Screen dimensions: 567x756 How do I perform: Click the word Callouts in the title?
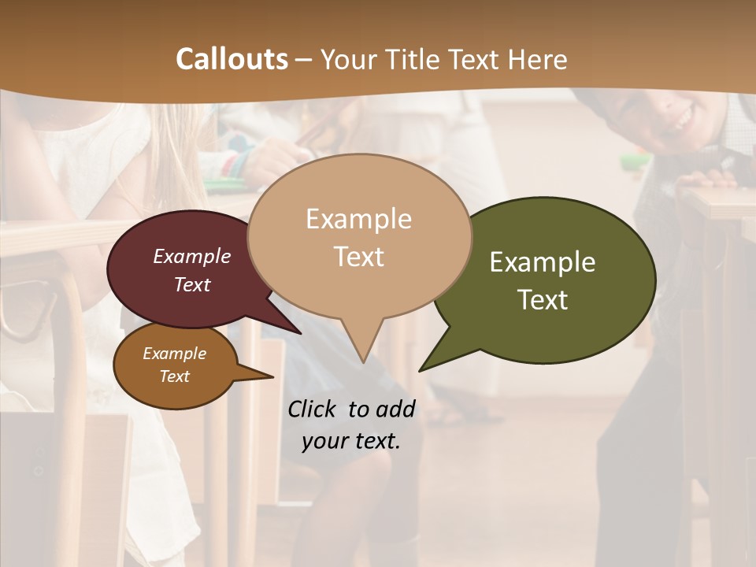pos(232,59)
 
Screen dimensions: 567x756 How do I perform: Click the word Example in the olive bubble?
pos(543,262)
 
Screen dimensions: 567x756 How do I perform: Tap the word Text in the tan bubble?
pos(359,257)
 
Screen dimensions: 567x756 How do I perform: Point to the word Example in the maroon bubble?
pos(192,256)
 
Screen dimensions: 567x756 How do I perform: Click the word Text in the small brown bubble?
pos(175,376)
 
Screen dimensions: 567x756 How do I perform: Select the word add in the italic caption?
pos(395,409)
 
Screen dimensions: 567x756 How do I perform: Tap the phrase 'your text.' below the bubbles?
pos(351,441)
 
